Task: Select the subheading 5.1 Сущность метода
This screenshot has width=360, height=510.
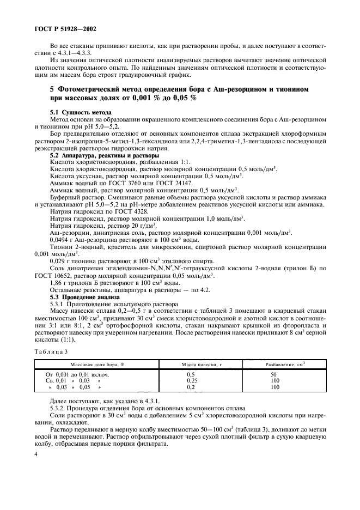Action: coord(76,112)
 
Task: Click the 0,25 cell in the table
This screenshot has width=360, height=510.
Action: coord(192,380)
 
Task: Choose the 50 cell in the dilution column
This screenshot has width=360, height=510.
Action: coord(274,374)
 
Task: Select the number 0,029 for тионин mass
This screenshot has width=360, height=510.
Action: coord(60,262)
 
